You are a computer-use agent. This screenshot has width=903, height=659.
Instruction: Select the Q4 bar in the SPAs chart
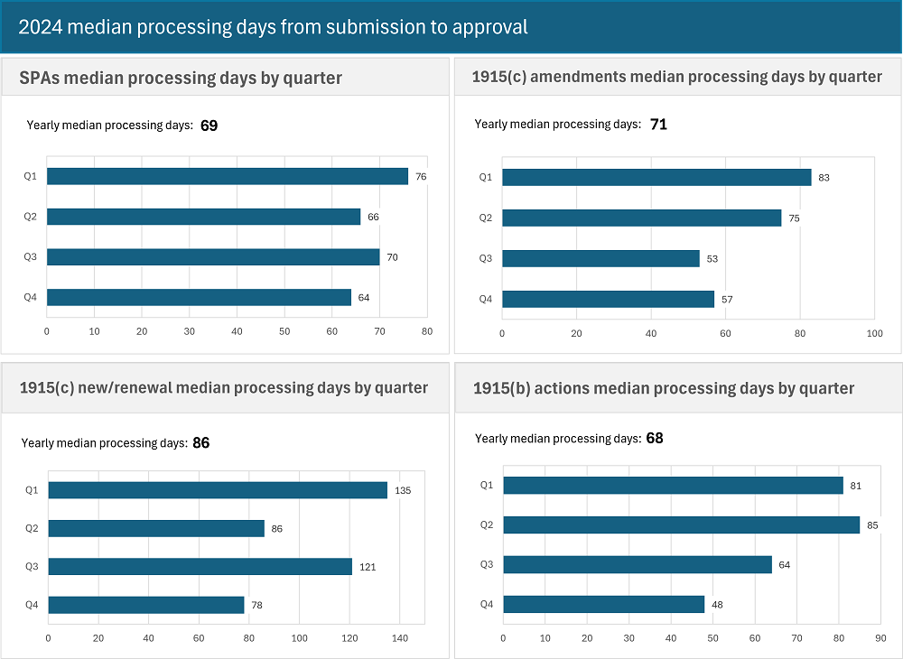coord(199,297)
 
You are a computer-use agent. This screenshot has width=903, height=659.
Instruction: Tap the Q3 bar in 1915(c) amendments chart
coord(600,258)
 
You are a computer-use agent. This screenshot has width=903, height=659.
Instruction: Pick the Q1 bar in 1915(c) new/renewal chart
coord(218,490)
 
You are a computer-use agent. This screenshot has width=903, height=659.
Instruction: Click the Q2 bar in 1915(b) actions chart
coord(681,524)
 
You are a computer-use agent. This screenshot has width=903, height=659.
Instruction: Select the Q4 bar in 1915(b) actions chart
coord(603,604)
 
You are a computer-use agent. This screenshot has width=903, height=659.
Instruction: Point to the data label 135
coord(404,491)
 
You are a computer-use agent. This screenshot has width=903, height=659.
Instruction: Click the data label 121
coord(367,567)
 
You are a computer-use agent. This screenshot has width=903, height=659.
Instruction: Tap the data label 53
coord(712,259)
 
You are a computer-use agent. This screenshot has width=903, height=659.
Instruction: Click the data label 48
coord(717,605)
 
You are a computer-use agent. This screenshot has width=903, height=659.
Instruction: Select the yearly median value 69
coord(209,125)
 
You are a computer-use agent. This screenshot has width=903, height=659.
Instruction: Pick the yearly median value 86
coord(200,443)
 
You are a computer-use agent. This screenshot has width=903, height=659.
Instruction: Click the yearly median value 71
coord(658,125)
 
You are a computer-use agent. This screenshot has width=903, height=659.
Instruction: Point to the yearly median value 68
coord(655,439)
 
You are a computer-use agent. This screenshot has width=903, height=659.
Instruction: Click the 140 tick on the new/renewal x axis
coord(400,638)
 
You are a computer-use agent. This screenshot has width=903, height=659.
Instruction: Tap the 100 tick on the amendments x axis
coord(874,334)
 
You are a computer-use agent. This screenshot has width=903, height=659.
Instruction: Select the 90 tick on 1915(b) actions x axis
coord(880,638)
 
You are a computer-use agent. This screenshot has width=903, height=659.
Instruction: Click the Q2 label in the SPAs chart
coord(31,217)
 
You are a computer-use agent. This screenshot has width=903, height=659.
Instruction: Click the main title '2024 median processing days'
coord(273,27)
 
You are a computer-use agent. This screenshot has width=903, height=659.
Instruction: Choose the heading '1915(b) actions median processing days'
coord(664,388)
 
